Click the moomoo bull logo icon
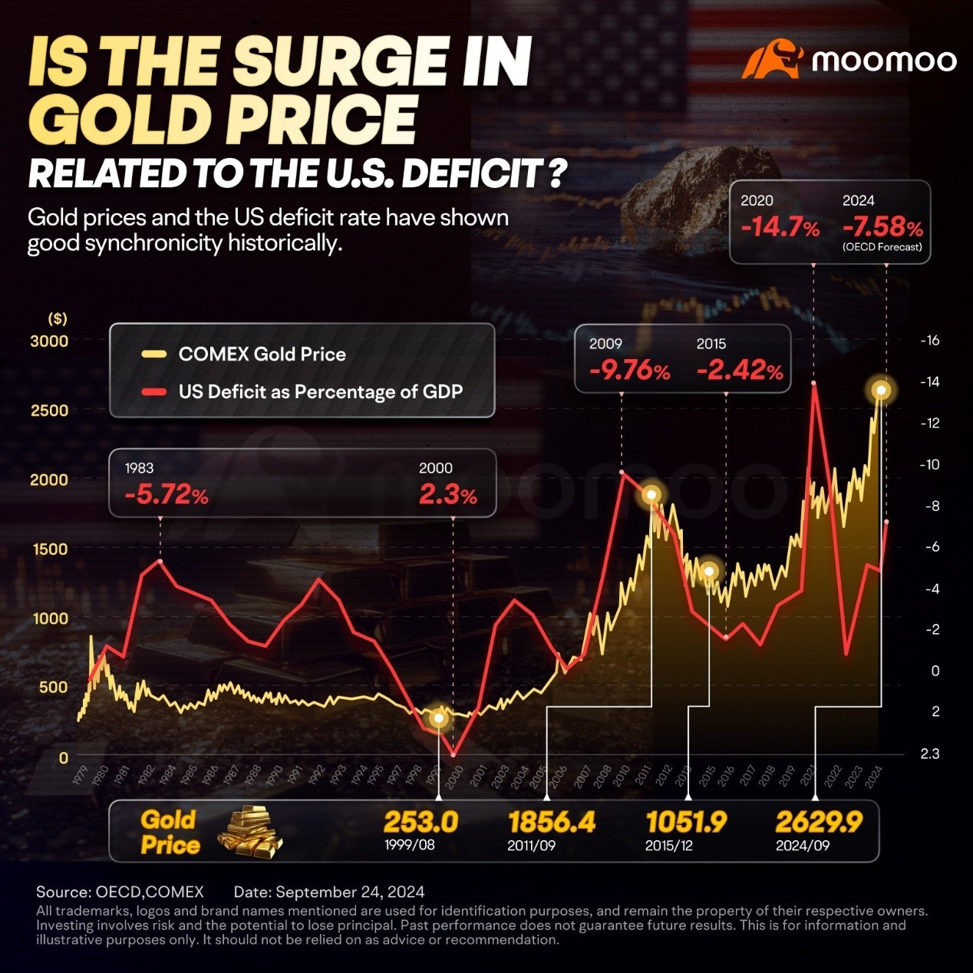point(771,61)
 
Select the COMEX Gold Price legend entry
point(262,355)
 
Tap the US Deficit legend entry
point(320,392)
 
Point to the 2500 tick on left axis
point(48,410)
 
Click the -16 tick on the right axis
point(929,341)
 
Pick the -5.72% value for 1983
point(166,495)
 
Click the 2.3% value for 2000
point(447,495)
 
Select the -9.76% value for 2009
point(629,371)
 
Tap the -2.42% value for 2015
point(740,371)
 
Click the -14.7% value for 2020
point(780,228)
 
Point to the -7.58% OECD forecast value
point(882,228)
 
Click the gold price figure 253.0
point(421,822)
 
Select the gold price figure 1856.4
point(552,822)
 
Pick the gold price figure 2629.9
point(819,822)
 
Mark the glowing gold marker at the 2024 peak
point(882,391)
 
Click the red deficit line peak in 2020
point(813,383)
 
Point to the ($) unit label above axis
point(58,318)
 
